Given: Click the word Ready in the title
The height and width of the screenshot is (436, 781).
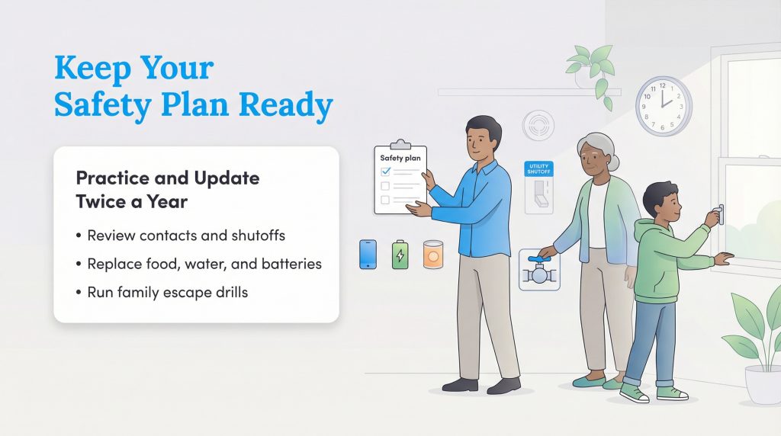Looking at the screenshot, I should pyautogui.click(x=291, y=107).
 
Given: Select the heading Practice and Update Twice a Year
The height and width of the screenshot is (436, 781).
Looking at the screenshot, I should pyautogui.click(x=167, y=191).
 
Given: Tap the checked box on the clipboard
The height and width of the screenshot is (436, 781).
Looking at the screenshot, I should pyautogui.click(x=385, y=172).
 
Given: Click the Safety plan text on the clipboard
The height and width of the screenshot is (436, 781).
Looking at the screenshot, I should pyautogui.click(x=400, y=158).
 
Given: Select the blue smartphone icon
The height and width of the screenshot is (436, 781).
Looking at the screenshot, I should pyautogui.click(x=368, y=254).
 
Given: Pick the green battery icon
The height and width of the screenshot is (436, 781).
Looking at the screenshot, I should pyautogui.click(x=400, y=255).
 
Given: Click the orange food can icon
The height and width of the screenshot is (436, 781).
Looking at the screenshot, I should pyautogui.click(x=433, y=255).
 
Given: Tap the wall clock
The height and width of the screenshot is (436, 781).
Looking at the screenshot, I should pyautogui.click(x=664, y=105).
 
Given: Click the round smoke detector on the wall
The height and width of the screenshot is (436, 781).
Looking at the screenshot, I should pyautogui.click(x=538, y=125).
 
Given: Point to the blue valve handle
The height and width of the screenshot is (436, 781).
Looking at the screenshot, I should pyautogui.click(x=540, y=260).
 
